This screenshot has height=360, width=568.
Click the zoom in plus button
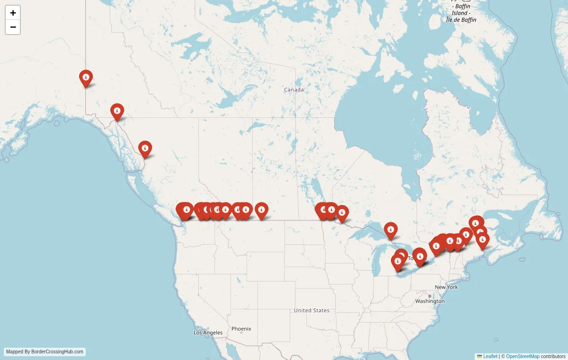click(13, 13)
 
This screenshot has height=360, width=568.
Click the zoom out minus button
click(13, 27)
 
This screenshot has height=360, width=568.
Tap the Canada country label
click(293, 90)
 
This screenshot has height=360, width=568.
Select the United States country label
click(311, 310)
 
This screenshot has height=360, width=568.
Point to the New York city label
click(446, 287)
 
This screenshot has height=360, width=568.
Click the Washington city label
click(430, 301)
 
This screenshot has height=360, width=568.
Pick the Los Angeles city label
click(208, 333)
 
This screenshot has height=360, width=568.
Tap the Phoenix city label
click(241, 329)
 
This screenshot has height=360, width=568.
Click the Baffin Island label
click(461, 13)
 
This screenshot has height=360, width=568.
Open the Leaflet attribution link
click(490, 356)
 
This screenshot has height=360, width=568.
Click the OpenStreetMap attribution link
click(523, 356)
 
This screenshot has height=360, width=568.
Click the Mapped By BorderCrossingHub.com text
click(45, 352)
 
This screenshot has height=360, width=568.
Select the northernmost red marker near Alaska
click(86, 78)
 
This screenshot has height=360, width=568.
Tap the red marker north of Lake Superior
click(390, 230)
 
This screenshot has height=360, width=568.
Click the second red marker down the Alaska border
click(117, 111)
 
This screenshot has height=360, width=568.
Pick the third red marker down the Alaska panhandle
click(145, 149)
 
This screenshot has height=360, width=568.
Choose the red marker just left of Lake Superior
click(342, 213)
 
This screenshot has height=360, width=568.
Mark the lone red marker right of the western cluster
click(261, 210)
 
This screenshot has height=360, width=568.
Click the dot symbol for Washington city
click(430, 296)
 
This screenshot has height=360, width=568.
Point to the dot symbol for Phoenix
click(241, 333)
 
